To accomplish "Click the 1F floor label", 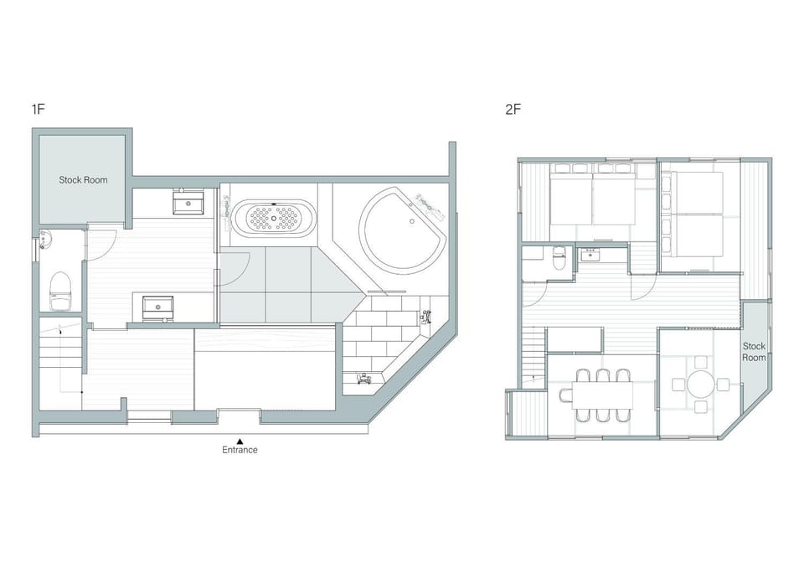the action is click(x=39, y=109).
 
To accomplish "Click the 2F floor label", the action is click(x=513, y=109).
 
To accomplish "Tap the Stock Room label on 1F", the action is click(x=83, y=180).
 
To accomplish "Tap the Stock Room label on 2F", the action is click(x=754, y=352).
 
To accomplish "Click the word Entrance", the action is click(x=240, y=450).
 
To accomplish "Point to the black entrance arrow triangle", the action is click(x=240, y=441).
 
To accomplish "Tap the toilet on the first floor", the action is click(x=60, y=291).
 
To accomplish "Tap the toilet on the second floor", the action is click(x=559, y=257).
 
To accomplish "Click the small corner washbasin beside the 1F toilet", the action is click(x=44, y=240).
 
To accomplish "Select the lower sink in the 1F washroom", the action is click(x=157, y=307).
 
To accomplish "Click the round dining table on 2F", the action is click(x=700, y=385).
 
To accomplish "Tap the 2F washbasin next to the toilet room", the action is click(x=590, y=254).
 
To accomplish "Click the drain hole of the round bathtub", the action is click(x=412, y=222).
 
